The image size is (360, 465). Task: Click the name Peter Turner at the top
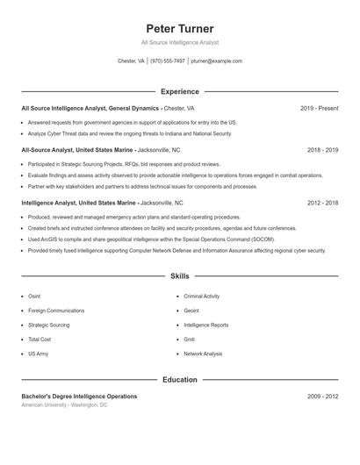[x=179, y=29]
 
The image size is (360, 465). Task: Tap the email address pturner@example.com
[x=216, y=61]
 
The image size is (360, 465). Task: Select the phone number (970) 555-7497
[x=167, y=61]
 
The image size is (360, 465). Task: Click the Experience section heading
[x=179, y=91]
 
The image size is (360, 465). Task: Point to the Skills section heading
[x=179, y=276]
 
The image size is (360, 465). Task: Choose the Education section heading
[x=179, y=380]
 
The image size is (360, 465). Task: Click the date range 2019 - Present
[x=319, y=108]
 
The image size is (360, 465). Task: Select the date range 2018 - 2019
[x=322, y=150]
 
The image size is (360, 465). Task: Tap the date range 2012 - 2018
[x=322, y=203]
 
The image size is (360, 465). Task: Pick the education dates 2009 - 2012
[x=322, y=397]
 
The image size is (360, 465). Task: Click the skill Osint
[x=34, y=297]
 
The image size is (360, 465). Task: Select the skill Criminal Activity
[x=201, y=297]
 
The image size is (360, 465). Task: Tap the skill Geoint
[x=191, y=311]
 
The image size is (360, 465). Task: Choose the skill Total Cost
[x=40, y=339]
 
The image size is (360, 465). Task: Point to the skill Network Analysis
[x=203, y=354]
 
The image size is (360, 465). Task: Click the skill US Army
[x=38, y=354]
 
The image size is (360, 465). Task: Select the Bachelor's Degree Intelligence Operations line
[x=79, y=397]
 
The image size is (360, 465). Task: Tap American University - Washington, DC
[x=64, y=405]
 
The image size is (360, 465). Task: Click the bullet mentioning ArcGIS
[x=150, y=239]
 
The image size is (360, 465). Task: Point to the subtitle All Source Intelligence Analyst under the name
[x=179, y=42]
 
